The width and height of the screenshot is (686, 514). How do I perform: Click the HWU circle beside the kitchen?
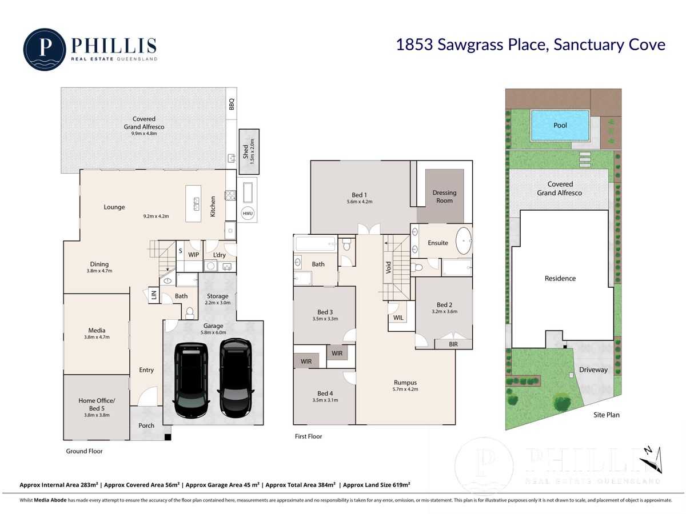pos(247,214)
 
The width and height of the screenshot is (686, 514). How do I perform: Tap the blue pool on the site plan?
pos(560,126)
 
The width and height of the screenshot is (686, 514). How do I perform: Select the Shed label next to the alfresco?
pos(246,151)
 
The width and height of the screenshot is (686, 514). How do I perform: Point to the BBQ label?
pos(232,104)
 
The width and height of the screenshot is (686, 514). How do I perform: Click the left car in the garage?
pos(190,380)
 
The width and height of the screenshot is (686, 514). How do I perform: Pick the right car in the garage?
pos(236,378)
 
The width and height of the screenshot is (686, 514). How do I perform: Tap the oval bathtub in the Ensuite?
pos(464,241)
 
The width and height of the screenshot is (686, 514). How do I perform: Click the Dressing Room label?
pos(444,196)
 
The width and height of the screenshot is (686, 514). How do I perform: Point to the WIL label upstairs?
pos(398,318)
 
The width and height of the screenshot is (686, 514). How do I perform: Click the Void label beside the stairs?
pos(388,267)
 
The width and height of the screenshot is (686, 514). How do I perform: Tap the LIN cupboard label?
pos(154,295)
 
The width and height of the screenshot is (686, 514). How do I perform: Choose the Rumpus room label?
pos(405,382)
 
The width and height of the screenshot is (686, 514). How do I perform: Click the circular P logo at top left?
pos(45,49)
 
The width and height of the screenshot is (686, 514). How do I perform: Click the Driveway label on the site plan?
pos(593,370)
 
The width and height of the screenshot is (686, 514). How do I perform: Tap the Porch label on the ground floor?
pos(146,425)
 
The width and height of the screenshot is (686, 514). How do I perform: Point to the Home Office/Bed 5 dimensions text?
pos(97,415)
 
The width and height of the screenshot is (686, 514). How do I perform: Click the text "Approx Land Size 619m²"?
pos(376,485)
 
